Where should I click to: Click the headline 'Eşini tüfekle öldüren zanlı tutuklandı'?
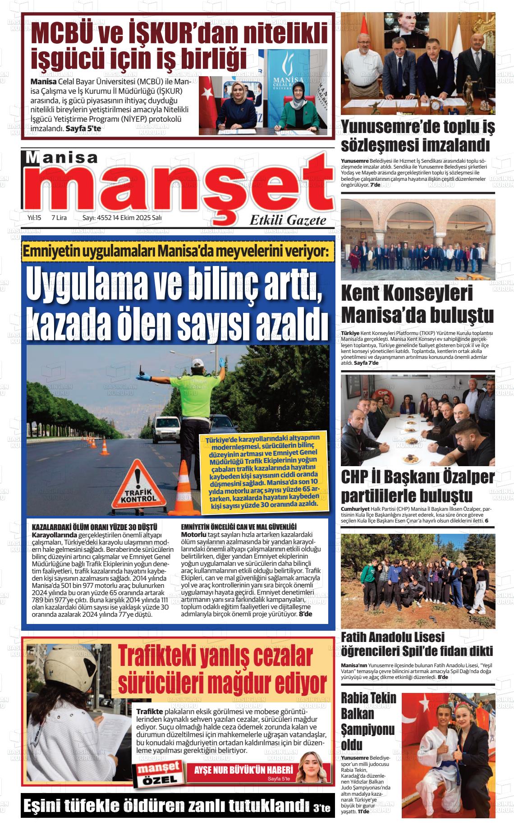click(167, 806)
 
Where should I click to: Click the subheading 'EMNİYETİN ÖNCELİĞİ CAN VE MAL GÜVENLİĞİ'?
click(238, 527)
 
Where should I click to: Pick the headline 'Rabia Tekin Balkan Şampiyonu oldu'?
click(368, 720)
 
